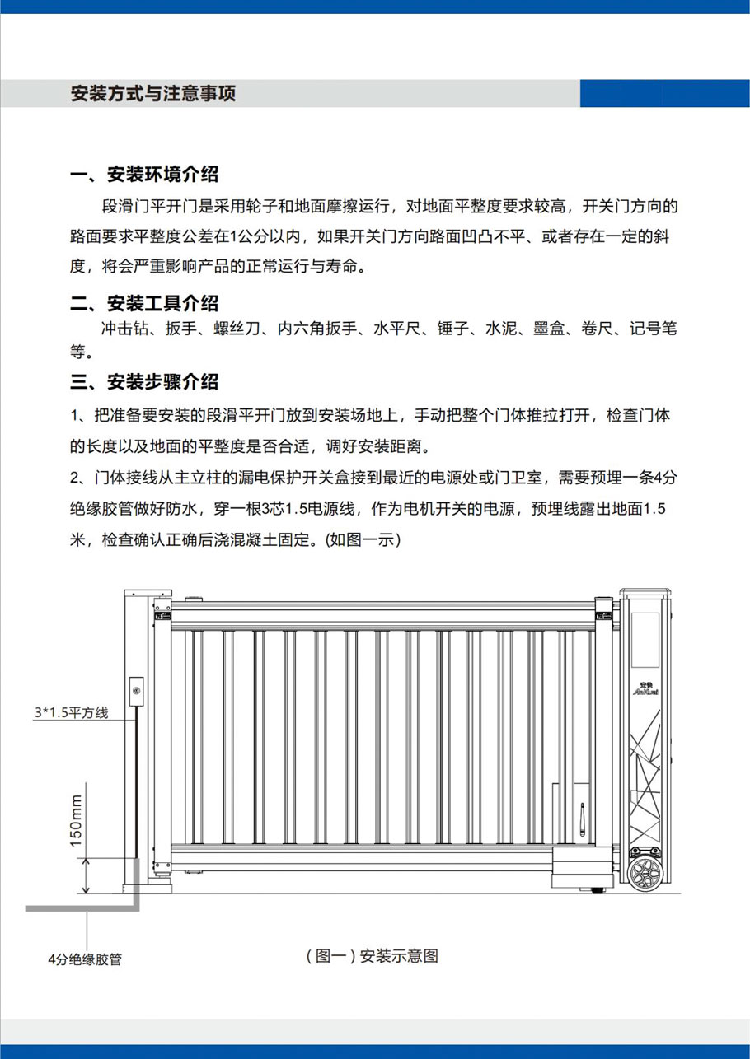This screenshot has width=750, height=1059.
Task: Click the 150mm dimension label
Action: click(x=77, y=820)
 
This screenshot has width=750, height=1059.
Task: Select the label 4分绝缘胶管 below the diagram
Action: click(x=84, y=959)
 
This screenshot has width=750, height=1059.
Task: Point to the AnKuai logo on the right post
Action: click(x=645, y=687)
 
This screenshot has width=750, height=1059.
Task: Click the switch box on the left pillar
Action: click(x=137, y=690)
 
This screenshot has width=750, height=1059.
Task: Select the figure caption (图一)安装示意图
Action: click(x=372, y=956)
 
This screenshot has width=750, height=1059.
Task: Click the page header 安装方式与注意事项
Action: click(x=153, y=93)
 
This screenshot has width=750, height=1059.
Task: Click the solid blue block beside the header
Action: click(x=664, y=93)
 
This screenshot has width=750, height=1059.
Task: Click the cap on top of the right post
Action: click(x=645, y=594)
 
